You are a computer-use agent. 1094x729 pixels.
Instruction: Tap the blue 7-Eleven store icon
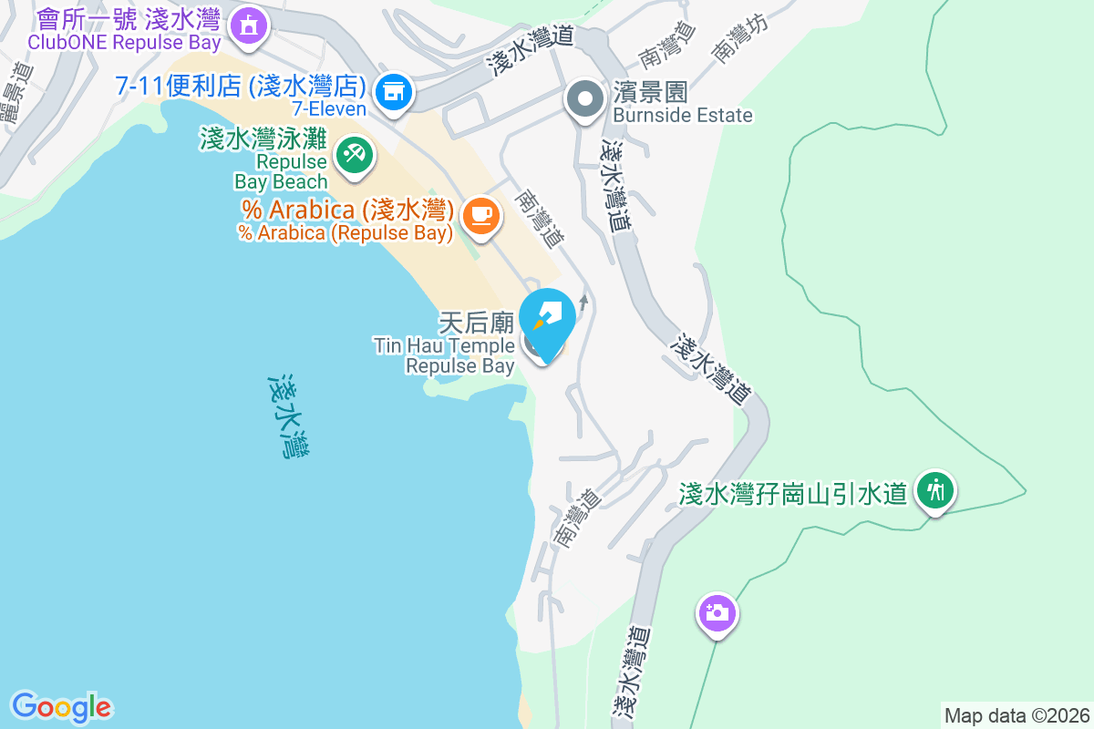point(394,91)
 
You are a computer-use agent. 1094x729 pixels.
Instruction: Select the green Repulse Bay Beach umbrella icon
point(352,153)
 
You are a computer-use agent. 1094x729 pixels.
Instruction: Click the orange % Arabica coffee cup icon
point(480,215)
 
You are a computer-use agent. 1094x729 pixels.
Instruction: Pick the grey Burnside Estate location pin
point(584,98)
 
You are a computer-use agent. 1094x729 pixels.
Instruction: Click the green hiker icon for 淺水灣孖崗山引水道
point(934,490)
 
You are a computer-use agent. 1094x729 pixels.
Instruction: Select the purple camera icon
point(717,611)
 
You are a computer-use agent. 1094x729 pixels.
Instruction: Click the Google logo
point(61,707)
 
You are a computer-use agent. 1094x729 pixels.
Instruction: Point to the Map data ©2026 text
point(1017,715)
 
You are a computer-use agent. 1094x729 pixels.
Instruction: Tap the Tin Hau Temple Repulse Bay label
point(445,355)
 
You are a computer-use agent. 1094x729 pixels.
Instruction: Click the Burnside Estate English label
point(683,115)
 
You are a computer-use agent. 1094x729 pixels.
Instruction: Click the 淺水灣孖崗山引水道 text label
point(793,493)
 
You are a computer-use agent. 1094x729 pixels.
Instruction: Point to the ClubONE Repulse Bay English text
point(124,42)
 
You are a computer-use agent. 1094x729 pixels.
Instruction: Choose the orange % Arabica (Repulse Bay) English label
point(346,232)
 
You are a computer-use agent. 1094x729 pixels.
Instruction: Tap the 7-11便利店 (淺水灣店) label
point(241,87)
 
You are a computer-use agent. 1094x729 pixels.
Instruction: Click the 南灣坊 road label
point(740,39)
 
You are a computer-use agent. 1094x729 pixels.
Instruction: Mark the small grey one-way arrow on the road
point(583,302)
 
